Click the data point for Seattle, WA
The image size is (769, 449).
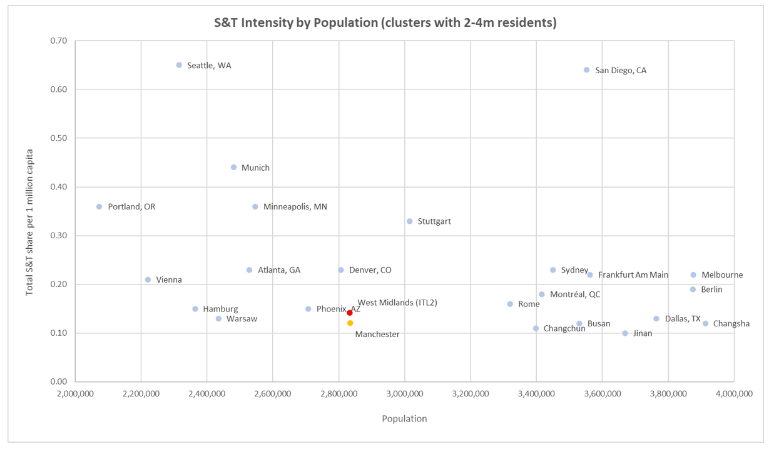pyautogui.click(x=179, y=65)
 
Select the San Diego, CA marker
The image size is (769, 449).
pyautogui.click(x=586, y=70)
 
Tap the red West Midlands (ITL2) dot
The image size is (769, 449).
pyautogui.click(x=350, y=313)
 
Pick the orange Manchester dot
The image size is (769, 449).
pyautogui.click(x=350, y=323)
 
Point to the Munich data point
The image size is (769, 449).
pyautogui.click(x=233, y=168)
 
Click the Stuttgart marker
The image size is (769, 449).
pyautogui.click(x=409, y=221)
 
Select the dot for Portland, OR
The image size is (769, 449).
pyautogui.click(x=99, y=206)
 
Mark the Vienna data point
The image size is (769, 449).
pyautogui.click(x=148, y=280)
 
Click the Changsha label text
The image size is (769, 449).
pyautogui.click(x=731, y=324)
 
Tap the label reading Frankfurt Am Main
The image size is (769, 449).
pyautogui.click(x=633, y=275)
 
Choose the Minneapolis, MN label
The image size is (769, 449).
pyautogui.click(x=295, y=207)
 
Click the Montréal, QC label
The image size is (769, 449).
pyautogui.click(x=574, y=295)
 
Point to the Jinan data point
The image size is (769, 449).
pyautogui.click(x=624, y=333)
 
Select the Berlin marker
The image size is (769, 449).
pyautogui.click(x=693, y=290)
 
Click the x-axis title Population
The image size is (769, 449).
pyautogui.click(x=404, y=419)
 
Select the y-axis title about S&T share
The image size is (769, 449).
pyautogui.click(x=29, y=223)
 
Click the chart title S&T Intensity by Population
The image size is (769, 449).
pyautogui.click(x=385, y=23)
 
